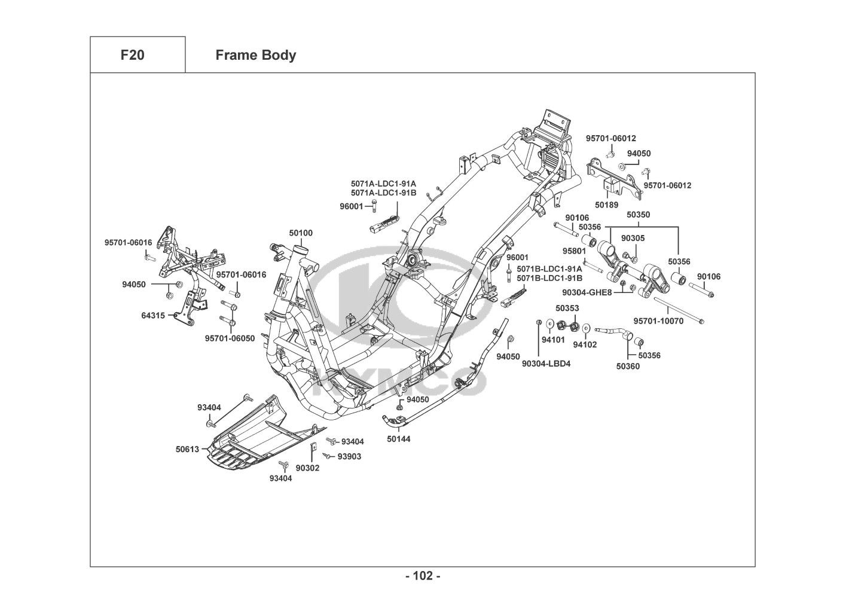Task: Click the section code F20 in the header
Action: (x=132, y=56)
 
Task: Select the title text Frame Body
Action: (x=255, y=56)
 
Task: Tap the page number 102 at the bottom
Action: (x=423, y=576)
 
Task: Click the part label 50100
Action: (x=301, y=233)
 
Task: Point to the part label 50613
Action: (x=187, y=448)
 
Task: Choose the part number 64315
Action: (x=153, y=315)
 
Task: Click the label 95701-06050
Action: (x=230, y=338)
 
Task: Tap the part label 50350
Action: (x=638, y=215)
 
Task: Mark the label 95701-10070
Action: (x=658, y=321)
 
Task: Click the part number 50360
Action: (x=628, y=367)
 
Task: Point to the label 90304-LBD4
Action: (x=546, y=363)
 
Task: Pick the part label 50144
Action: (x=398, y=438)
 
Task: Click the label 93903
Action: (x=349, y=456)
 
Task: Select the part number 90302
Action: (x=307, y=468)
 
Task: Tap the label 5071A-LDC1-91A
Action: (x=383, y=184)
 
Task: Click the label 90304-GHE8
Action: (x=587, y=292)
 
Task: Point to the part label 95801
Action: (x=574, y=251)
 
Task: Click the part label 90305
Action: (x=633, y=238)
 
